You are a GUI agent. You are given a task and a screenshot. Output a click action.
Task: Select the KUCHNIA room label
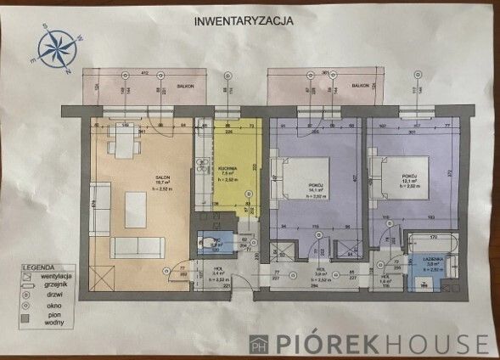[x=226, y=169]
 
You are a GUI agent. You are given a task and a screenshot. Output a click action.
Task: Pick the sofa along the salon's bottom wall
[x=140, y=248]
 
